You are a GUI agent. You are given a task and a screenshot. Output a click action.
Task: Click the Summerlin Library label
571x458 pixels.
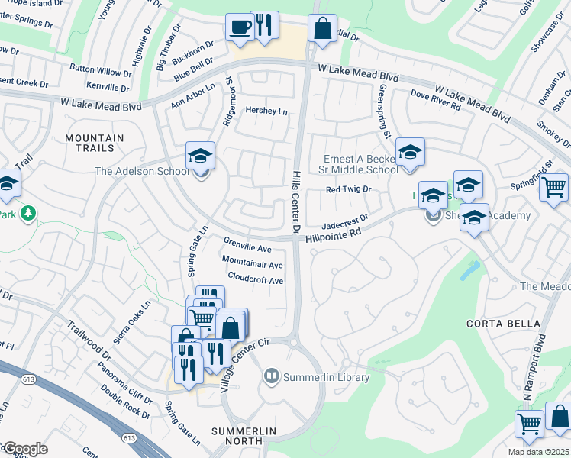pos(326,377)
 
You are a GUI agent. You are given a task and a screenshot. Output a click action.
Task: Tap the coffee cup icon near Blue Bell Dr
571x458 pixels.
pos(240,27)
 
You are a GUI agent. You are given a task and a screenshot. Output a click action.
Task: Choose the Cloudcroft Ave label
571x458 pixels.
pos(256,279)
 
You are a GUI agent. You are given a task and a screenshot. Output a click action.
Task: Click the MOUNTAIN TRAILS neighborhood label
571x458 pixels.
pos(94,143)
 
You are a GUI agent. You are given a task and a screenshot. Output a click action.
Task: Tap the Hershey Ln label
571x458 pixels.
pos(266,111)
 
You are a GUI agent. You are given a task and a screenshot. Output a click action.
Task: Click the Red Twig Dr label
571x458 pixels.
pos(348,189)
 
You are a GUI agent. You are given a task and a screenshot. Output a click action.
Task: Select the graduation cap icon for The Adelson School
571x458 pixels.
pos(201,156)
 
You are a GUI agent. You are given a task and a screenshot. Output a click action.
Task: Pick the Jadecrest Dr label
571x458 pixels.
pos(345,222)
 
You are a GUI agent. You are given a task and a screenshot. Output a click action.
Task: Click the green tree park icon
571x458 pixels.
pos(28,213)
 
